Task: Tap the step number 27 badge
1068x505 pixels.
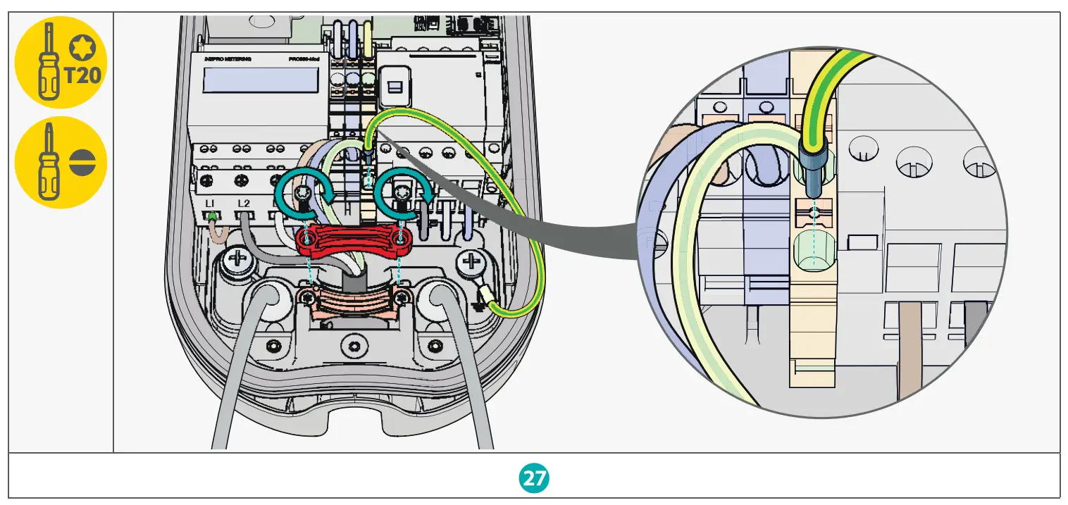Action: point(534,478)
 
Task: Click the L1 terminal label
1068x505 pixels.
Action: point(209,204)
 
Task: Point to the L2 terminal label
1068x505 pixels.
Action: point(244,204)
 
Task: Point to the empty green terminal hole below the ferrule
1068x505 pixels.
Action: point(813,252)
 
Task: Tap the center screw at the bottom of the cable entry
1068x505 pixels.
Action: point(354,345)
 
